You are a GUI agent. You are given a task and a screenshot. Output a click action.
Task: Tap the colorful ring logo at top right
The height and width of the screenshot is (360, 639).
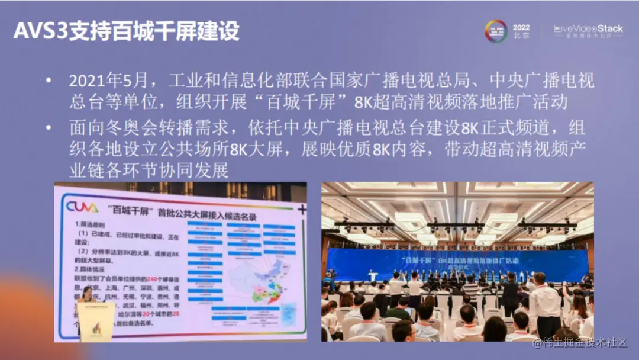tap(496, 31)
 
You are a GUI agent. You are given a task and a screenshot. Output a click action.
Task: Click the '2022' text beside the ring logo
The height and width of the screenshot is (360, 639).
tap(521, 27)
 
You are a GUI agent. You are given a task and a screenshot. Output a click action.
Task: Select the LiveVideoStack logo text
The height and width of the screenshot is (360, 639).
tap(588, 28)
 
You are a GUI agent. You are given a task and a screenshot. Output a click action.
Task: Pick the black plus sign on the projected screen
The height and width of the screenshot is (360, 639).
tap(302, 209)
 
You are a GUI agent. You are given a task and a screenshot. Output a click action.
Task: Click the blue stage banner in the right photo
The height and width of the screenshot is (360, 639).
tap(456, 261)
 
